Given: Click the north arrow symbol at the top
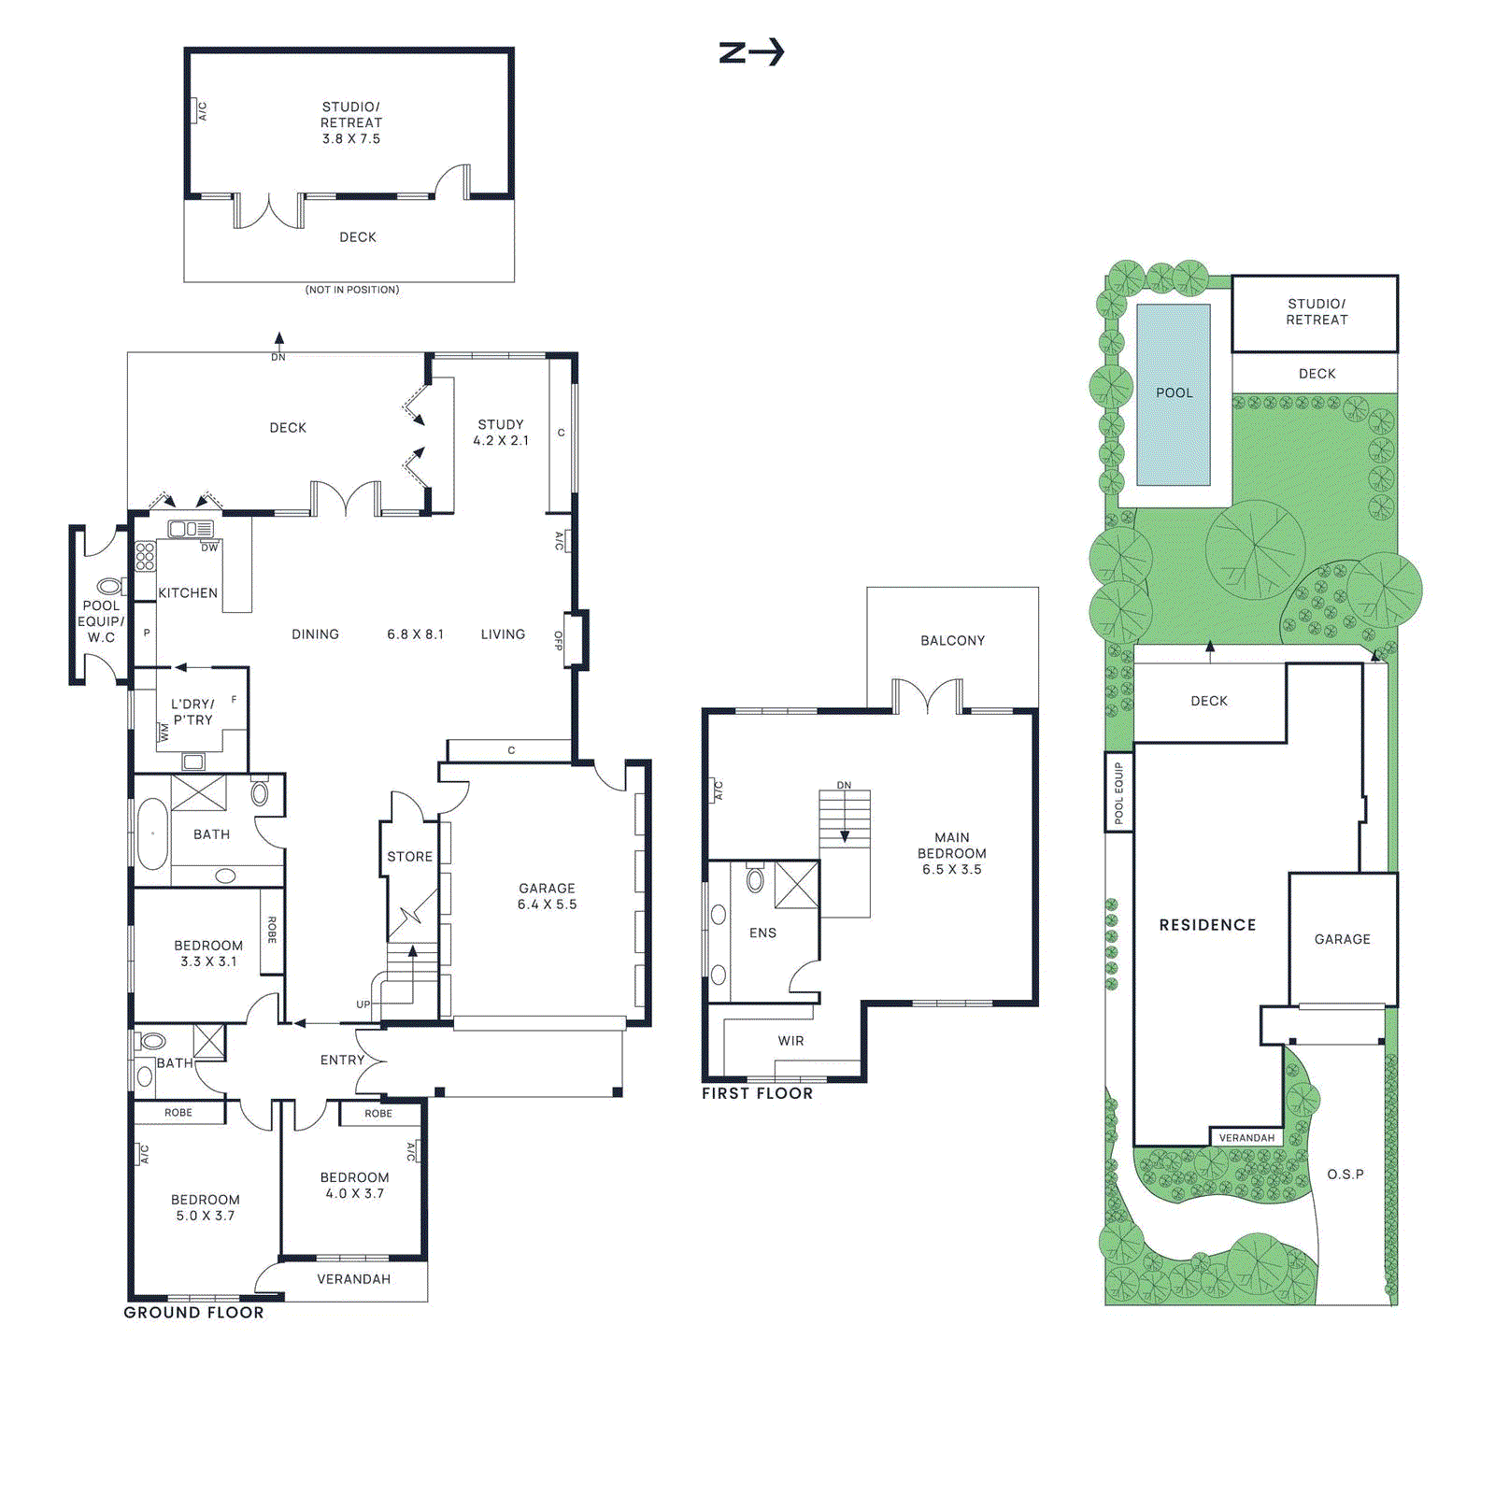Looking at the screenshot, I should pyautogui.click(x=751, y=52).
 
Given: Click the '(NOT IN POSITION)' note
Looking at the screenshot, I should pyautogui.click(x=352, y=290).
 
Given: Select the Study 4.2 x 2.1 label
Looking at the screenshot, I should pyautogui.click(x=501, y=432).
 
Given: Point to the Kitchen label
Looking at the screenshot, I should pyautogui.click(x=188, y=592).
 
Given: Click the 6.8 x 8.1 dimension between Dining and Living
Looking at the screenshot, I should pyautogui.click(x=415, y=634).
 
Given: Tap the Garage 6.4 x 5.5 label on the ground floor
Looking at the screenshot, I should pyautogui.click(x=547, y=896).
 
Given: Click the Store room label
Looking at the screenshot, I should pyautogui.click(x=410, y=856).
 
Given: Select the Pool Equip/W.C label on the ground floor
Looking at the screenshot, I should pyautogui.click(x=101, y=621).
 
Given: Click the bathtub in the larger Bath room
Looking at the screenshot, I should pyautogui.click(x=152, y=833).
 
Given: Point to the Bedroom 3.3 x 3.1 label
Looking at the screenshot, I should pyautogui.click(x=208, y=953).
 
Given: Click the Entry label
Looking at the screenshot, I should pyautogui.click(x=342, y=1060).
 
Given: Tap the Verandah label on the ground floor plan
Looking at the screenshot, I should pyautogui.click(x=353, y=1278).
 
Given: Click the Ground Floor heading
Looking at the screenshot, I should pyautogui.click(x=194, y=1312).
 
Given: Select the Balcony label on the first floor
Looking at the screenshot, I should pyautogui.click(x=952, y=640).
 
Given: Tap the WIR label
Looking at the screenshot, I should pyautogui.click(x=790, y=1040).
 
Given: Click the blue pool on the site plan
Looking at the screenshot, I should pyautogui.click(x=1174, y=393).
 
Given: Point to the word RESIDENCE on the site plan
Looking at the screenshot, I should pyautogui.click(x=1207, y=924).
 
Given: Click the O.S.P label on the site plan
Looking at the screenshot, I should pyautogui.click(x=1345, y=1174).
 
